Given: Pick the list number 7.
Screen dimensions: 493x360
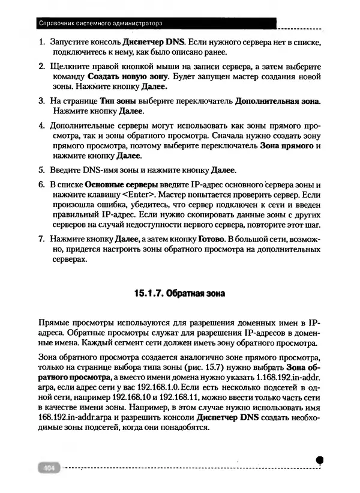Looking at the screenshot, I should [41, 239].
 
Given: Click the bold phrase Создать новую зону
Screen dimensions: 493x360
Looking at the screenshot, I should [127, 77].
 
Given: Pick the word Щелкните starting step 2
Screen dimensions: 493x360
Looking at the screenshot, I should [71, 66].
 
